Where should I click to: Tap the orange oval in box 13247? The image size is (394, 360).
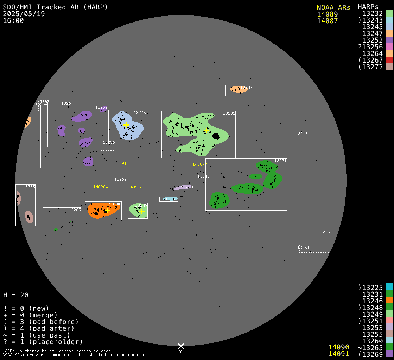[x=239, y=89]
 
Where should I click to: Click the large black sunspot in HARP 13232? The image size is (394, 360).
[x=216, y=136]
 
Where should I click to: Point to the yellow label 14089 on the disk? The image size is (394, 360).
[x=118, y=163]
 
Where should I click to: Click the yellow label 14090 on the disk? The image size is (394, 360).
[x=100, y=187]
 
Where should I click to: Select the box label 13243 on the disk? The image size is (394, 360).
[x=302, y=134]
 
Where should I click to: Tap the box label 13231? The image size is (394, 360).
[x=280, y=161]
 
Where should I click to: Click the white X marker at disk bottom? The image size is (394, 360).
[x=181, y=346]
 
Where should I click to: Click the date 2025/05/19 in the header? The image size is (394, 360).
[x=24, y=14]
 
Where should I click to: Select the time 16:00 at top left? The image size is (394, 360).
[x=13, y=21]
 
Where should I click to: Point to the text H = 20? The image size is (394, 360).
[x=16, y=295]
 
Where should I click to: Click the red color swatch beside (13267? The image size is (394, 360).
[x=389, y=60]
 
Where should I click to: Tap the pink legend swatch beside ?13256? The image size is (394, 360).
[x=389, y=47]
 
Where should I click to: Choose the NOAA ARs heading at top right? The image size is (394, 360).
[x=333, y=7]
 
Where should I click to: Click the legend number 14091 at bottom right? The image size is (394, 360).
[x=339, y=354]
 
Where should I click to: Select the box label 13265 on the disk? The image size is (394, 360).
[x=75, y=210]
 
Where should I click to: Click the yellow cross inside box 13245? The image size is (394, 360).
[x=126, y=125]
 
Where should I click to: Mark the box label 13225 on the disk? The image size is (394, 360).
[x=324, y=232]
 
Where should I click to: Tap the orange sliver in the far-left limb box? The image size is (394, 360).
[x=28, y=122]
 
